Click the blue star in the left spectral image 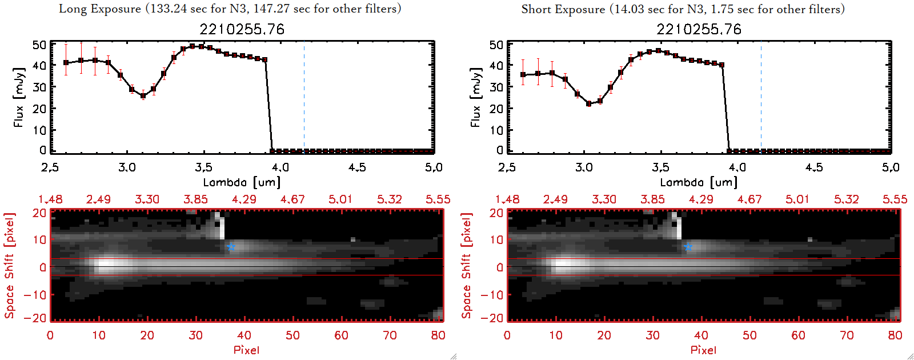tap(231, 247)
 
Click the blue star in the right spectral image tap(688, 247)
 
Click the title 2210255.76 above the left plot tap(242, 29)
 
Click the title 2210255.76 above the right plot tap(699, 29)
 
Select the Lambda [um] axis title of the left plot tap(242, 182)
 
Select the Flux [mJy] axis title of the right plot tap(475, 97)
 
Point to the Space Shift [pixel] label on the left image tap(9, 266)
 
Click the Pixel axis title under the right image tap(703, 350)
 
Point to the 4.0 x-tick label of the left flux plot tap(280, 167)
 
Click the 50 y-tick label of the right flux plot tap(496, 45)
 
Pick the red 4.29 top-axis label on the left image tap(244, 199)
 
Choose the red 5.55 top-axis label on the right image tap(895, 199)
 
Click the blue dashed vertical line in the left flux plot tap(304, 97)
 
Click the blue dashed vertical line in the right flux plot tap(761, 97)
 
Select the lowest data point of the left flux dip tap(143, 96)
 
